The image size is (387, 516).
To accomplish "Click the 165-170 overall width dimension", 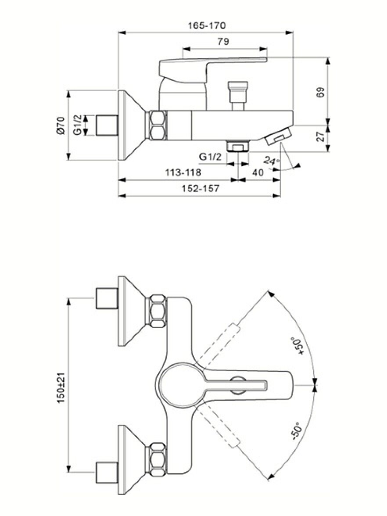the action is coord(206,25).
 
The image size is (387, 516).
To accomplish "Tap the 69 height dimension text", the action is coord(320,91).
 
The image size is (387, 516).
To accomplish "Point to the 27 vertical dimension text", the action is coord(320,136).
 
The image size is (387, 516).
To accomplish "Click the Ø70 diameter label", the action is coord(60,125).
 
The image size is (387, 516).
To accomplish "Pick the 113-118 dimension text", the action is coord(183,172).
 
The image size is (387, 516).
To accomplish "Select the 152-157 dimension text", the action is coord(201,189).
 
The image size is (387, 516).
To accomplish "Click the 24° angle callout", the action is coord(272,161).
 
